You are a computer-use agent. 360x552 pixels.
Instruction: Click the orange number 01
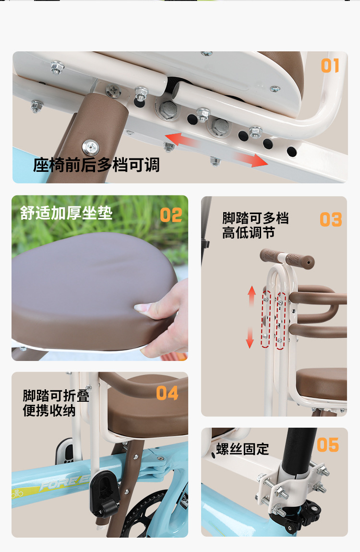(330, 66)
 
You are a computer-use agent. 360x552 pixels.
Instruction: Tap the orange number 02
(171, 215)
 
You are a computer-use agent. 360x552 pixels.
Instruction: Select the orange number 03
(331, 219)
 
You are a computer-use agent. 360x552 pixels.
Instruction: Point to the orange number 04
(167, 393)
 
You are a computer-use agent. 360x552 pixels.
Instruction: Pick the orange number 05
(328, 445)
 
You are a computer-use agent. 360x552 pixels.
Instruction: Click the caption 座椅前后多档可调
(96, 165)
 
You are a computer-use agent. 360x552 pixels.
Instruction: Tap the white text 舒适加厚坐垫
(66, 213)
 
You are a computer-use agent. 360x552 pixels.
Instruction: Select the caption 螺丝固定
(242, 449)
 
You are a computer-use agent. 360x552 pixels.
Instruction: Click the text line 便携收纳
(49, 410)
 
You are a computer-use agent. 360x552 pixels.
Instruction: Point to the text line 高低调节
(249, 233)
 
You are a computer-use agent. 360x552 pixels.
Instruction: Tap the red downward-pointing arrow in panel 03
(250, 337)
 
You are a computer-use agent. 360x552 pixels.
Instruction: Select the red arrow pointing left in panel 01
(180, 140)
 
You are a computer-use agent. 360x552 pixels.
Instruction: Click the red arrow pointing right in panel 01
(251, 159)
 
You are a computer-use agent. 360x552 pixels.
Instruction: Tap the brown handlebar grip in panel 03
(287, 258)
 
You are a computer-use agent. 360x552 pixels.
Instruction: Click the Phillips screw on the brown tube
(91, 147)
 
